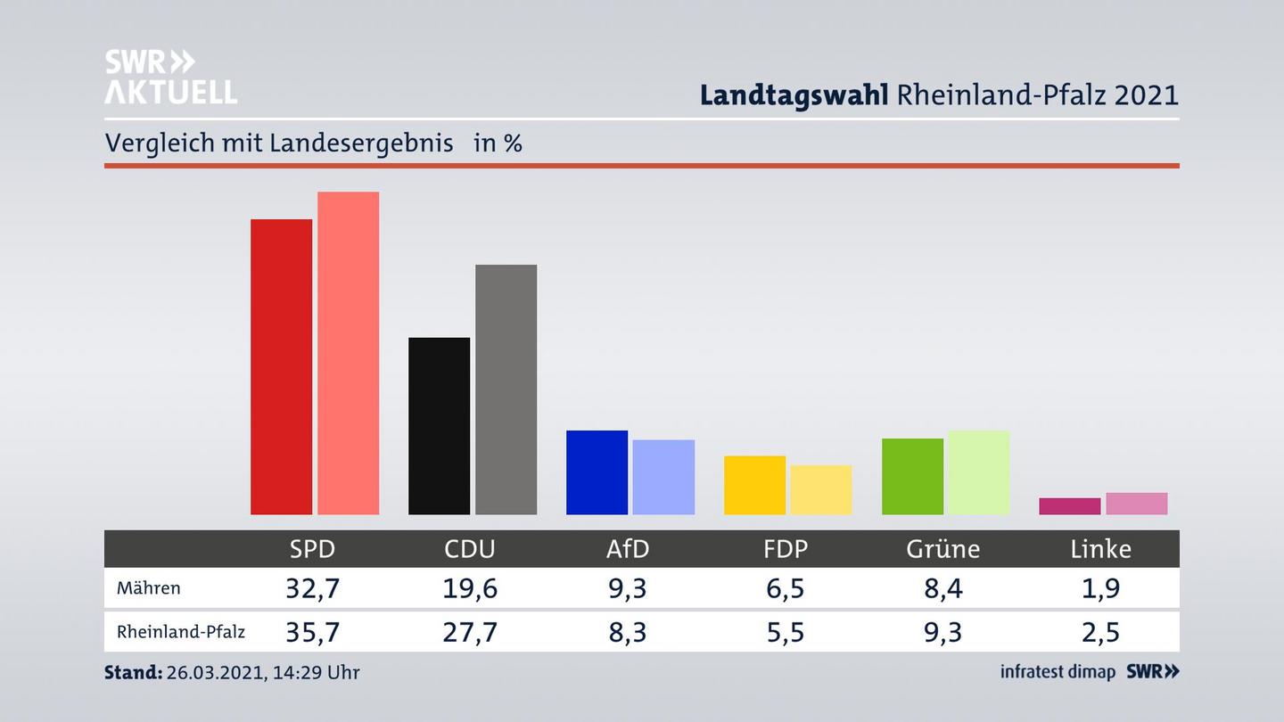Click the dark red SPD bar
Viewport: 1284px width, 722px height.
281,366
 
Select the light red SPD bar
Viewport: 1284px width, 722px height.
348,353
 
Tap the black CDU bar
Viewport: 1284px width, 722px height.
439,426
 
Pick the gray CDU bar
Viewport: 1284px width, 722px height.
506,390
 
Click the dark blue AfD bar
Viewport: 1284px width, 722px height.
597,472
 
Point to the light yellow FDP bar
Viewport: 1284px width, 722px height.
820,489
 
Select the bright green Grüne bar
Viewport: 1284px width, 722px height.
912,476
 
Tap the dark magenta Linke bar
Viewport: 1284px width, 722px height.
1069,506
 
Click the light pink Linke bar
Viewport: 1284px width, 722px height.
1136,504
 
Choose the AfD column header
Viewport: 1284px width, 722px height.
628,549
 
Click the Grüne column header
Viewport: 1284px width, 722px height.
942,549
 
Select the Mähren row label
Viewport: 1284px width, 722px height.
148,588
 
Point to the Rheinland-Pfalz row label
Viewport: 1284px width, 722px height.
180,632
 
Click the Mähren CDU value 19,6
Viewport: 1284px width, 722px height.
470,588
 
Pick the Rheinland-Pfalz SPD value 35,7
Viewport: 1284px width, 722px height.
312,632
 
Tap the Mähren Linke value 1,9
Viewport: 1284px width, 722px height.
1100,588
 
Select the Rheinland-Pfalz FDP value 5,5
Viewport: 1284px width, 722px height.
785,632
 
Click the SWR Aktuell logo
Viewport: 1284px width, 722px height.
170,77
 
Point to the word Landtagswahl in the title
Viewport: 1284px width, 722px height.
794,94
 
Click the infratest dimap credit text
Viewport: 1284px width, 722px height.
1058,672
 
